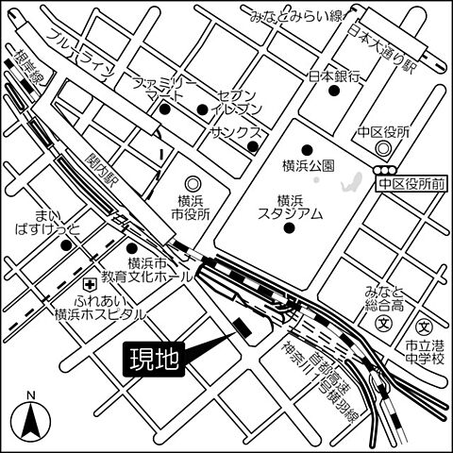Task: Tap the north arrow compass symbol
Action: coord(31,415)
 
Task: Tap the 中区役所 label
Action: coord(383,132)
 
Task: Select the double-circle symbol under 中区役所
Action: coord(382,149)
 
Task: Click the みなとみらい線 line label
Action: coord(294,15)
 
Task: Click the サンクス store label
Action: coord(235,132)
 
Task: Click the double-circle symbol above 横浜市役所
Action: coord(193,183)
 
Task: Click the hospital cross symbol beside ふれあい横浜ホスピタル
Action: coord(89,284)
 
